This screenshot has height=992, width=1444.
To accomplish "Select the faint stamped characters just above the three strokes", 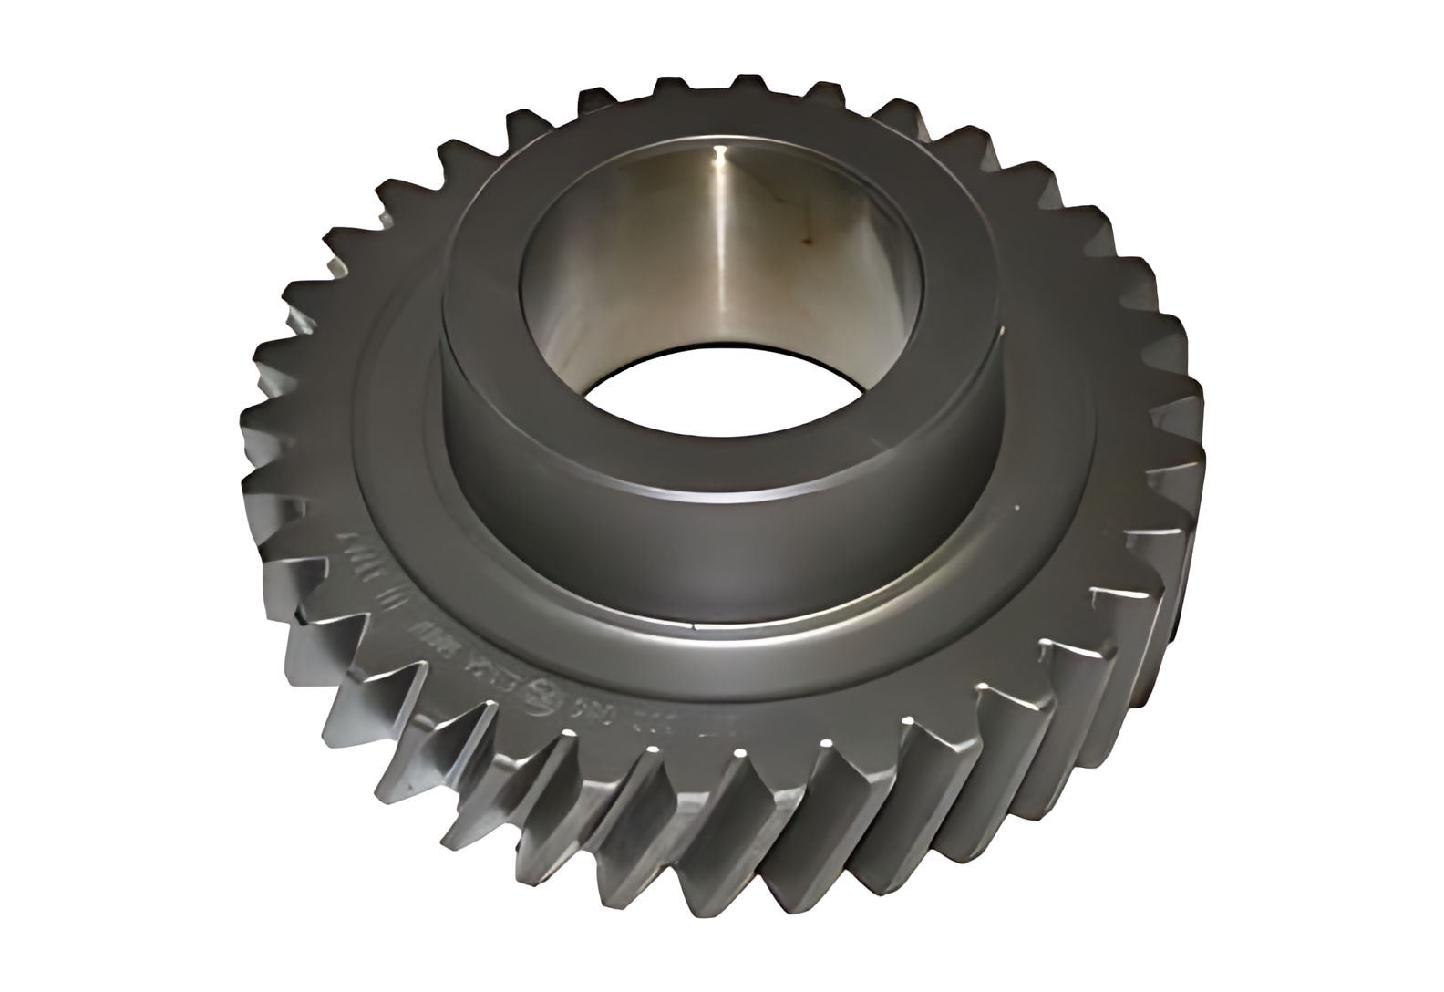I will click(x=352, y=548).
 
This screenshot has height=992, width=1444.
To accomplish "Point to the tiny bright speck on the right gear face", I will click(x=1014, y=499).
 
